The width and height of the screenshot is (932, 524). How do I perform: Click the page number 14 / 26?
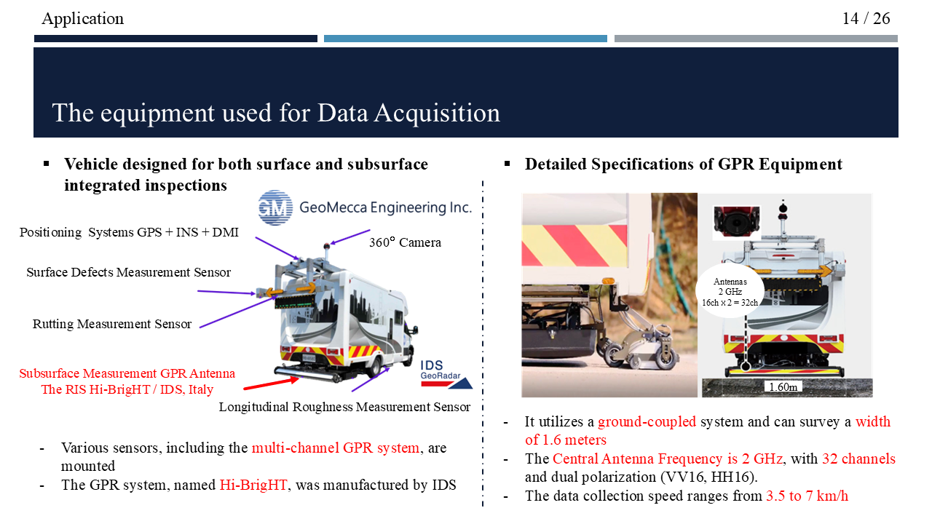click(866, 18)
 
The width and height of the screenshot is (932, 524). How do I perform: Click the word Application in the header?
click(82, 18)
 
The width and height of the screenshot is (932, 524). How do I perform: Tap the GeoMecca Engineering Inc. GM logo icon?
click(275, 207)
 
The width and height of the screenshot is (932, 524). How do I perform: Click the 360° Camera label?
click(405, 242)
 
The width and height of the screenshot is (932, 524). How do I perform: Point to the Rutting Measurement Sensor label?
click(112, 324)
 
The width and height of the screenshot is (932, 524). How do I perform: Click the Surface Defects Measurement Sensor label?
click(128, 272)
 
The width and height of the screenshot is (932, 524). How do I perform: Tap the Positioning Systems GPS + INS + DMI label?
click(129, 232)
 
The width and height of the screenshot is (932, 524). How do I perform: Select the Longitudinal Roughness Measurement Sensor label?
click(344, 407)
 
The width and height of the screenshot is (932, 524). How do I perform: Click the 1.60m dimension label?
click(783, 387)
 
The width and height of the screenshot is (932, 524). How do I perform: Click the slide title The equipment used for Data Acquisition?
click(276, 113)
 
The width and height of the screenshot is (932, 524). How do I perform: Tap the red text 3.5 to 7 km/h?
click(807, 496)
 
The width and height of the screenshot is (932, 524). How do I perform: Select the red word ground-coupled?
click(647, 422)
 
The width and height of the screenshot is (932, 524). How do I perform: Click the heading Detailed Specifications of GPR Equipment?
click(683, 164)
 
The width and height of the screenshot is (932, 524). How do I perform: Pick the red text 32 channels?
click(858, 459)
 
